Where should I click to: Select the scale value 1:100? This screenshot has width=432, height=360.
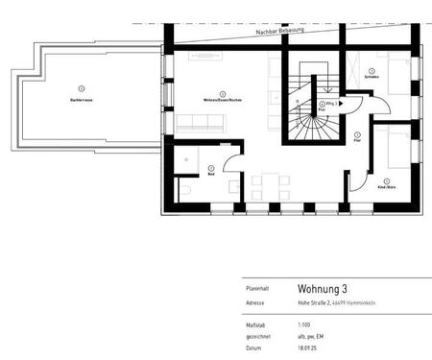click(305, 324)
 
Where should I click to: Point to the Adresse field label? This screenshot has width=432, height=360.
click(255, 302)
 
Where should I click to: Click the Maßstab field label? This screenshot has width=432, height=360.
click(255, 324)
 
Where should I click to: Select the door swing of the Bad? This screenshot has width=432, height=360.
click(232, 161)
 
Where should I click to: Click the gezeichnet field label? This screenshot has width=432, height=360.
click(257, 335)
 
